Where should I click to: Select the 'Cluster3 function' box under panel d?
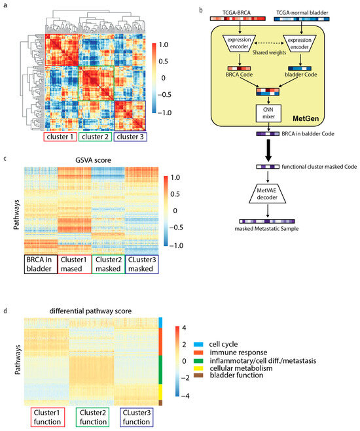pos(134,417)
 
